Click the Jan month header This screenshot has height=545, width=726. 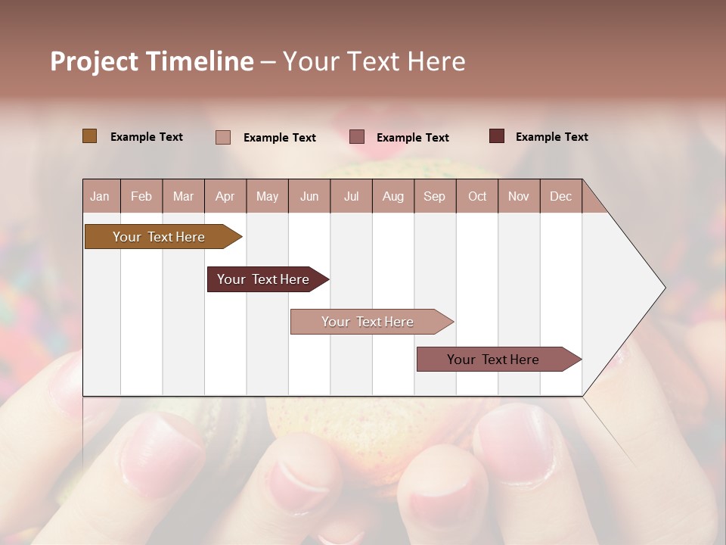(x=101, y=196)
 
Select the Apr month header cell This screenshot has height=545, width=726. (x=225, y=196)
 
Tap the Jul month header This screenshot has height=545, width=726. (x=352, y=196)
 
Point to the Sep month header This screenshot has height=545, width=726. (x=435, y=196)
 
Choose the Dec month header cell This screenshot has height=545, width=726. (x=561, y=196)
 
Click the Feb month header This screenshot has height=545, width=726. (x=141, y=196)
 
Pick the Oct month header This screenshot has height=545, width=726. (x=477, y=196)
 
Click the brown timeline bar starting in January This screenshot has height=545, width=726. (x=159, y=237)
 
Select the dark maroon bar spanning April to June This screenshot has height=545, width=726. (x=263, y=279)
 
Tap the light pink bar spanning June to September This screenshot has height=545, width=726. (x=368, y=322)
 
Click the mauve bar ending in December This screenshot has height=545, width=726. (x=493, y=360)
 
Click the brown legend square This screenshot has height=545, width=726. (x=89, y=136)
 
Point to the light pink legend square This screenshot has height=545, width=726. (x=222, y=137)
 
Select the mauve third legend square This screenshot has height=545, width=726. (x=357, y=136)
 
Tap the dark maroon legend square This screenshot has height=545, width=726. (x=496, y=136)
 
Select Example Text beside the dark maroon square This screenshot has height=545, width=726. (x=551, y=137)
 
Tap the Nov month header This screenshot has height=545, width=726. (x=519, y=196)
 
